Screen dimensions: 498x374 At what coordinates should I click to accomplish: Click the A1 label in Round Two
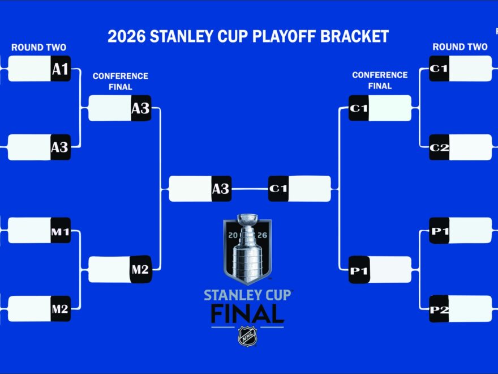tap(61, 69)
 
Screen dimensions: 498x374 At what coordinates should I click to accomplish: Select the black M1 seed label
tap(61, 230)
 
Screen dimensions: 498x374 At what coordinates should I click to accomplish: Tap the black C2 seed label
tap(439, 147)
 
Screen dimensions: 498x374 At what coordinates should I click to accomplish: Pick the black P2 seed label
tap(439, 309)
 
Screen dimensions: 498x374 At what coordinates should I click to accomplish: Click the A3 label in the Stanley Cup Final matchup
tap(221, 189)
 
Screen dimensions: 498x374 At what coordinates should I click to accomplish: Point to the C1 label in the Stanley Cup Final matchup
tap(278, 189)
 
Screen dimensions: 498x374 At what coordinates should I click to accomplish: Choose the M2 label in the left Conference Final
tap(141, 269)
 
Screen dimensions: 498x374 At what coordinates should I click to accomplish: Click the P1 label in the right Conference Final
tap(359, 270)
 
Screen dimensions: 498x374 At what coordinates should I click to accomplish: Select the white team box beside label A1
tap(29, 69)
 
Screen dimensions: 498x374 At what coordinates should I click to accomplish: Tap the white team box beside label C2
tap(470, 147)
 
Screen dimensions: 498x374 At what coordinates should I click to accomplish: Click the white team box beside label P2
tap(470, 309)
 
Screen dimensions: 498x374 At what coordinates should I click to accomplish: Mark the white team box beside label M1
tap(29, 230)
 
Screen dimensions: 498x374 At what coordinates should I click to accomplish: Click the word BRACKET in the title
tap(354, 36)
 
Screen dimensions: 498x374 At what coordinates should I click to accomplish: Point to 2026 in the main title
tap(126, 36)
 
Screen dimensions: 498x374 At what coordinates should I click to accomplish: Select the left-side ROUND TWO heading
tap(38, 48)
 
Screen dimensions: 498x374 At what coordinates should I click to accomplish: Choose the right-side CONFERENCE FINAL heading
tap(380, 80)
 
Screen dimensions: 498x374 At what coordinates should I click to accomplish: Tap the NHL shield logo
tap(248, 337)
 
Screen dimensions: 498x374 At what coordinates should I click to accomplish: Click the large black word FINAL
tap(247, 313)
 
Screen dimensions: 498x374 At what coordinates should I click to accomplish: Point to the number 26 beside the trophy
tap(263, 235)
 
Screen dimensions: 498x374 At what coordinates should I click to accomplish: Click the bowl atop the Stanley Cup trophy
tap(248, 219)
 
